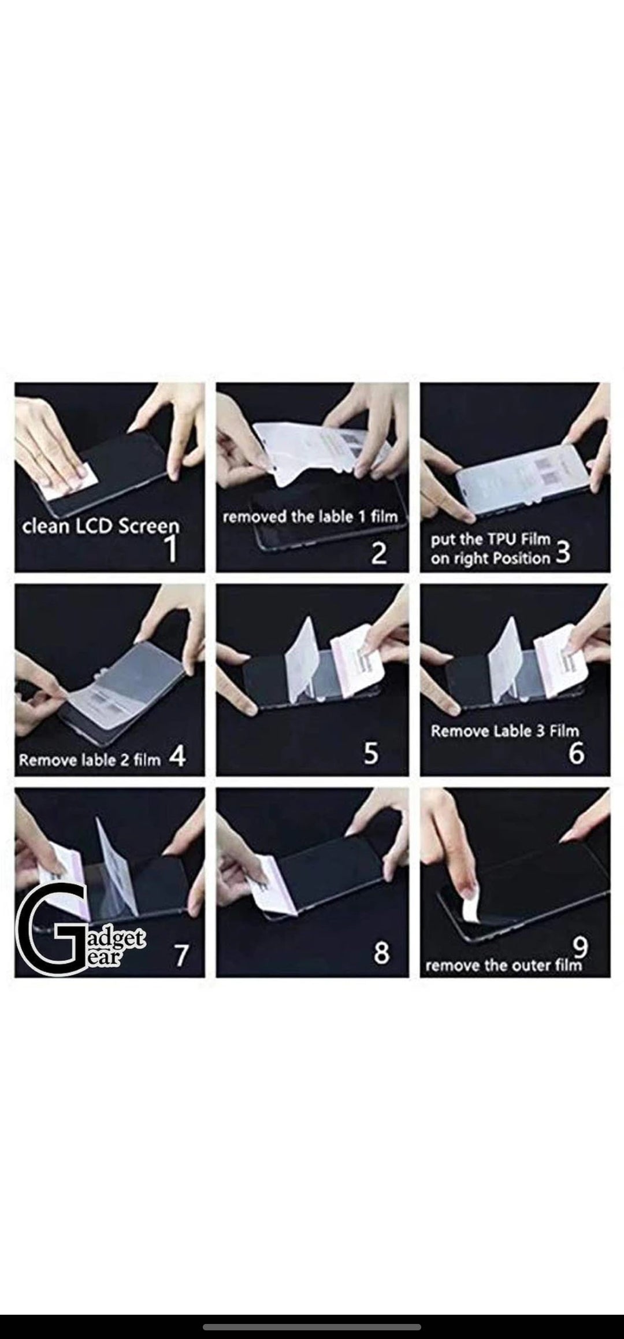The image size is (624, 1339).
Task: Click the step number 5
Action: (370, 753)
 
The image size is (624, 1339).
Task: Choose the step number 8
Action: (381, 953)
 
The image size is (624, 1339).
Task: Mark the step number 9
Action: (580, 946)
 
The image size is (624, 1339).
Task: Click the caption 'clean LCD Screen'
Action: (101, 526)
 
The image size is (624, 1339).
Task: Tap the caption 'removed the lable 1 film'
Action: (310, 516)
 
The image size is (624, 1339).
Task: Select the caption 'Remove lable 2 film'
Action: (90, 760)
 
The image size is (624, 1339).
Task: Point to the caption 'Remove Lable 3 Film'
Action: (504, 731)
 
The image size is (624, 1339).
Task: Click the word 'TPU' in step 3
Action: (490, 539)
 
